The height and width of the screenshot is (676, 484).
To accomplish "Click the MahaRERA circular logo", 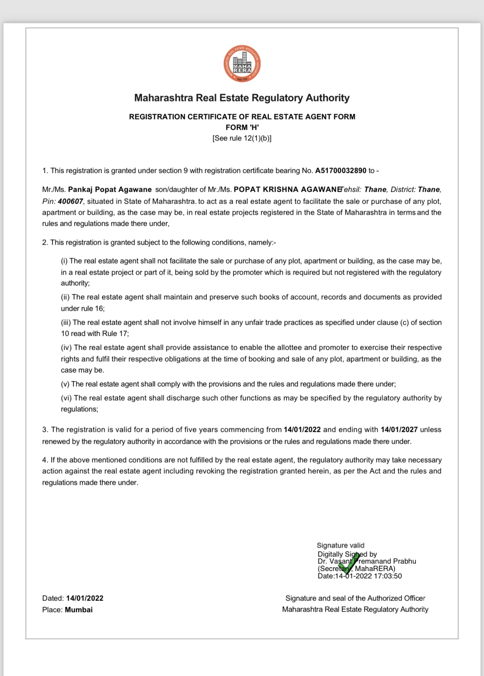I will (242, 64).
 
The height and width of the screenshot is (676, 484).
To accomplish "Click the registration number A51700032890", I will (340, 171).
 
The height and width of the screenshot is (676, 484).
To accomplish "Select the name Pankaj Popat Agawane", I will (110, 190).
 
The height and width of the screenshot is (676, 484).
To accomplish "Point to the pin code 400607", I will (70, 201).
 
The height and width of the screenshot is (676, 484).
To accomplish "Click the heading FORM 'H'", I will (242, 127).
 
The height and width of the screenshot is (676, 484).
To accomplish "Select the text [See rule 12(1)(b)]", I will (242, 138).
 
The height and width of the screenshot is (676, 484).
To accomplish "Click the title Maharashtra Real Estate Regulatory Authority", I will (242, 98).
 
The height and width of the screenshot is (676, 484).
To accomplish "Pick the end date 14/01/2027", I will (399, 430).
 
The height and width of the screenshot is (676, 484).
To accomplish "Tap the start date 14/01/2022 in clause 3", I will (302, 430).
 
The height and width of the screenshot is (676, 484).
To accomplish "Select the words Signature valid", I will (340, 545).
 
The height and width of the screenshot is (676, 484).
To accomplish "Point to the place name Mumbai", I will (79, 610).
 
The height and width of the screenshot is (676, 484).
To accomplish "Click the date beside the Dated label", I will (85, 598).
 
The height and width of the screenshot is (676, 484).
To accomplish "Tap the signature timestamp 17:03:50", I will (388, 576).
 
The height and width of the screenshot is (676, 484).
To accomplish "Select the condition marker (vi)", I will (67, 398).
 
